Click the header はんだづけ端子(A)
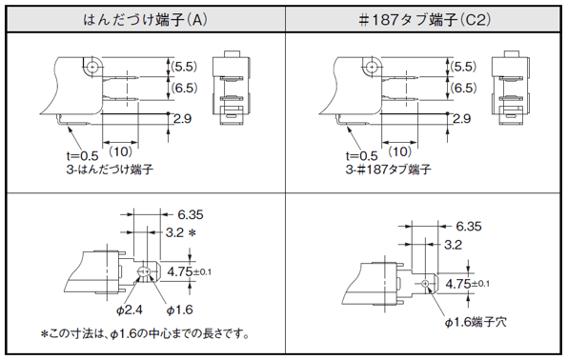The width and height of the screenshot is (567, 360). pyautogui.click(x=146, y=19)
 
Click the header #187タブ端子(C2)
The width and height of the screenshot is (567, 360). pyautogui.click(x=424, y=19)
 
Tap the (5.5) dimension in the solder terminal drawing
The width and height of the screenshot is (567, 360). pyautogui.click(x=184, y=67)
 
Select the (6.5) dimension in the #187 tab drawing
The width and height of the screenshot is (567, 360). pyautogui.click(x=463, y=88)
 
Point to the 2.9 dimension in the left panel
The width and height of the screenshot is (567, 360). pyautogui.click(x=182, y=118)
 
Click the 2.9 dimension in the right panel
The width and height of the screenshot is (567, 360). pyautogui.click(x=462, y=118)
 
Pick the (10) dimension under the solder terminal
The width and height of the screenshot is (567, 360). pyautogui.click(x=120, y=151)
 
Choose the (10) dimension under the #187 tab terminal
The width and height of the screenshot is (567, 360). pyautogui.click(x=400, y=151)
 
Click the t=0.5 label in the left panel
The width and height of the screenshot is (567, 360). pyautogui.click(x=82, y=156)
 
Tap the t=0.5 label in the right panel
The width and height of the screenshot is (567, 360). pyautogui.click(x=361, y=156)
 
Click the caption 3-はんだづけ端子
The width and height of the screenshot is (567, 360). pyautogui.click(x=110, y=170)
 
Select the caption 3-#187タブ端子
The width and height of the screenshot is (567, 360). pyautogui.click(x=389, y=170)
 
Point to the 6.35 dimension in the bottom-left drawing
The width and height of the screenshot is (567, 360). pyautogui.click(x=191, y=214)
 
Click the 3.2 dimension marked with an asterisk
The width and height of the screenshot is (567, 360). pyautogui.click(x=181, y=232)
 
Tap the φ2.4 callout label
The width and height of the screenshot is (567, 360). pyautogui.click(x=129, y=310)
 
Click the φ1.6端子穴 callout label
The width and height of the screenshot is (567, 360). pyautogui.click(x=476, y=322)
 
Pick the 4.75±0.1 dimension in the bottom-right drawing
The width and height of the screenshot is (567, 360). pyautogui.click(x=468, y=284)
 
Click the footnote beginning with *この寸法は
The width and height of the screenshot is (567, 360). pyautogui.click(x=146, y=333)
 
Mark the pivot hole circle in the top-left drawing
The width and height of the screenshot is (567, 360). pyautogui.click(x=92, y=68)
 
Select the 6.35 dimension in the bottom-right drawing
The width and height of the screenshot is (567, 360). pyautogui.click(x=469, y=227)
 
